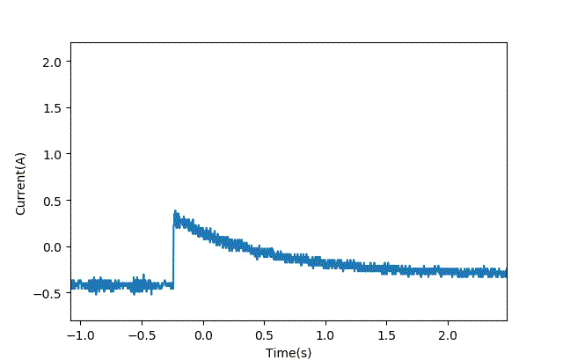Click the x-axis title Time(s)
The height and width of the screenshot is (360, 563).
tap(289, 353)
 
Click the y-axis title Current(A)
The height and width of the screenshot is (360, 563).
tap(20, 184)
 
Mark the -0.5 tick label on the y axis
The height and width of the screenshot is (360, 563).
tap(51, 293)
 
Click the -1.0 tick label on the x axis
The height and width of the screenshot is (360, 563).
tap(79, 335)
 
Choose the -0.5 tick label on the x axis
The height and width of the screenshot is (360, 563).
tap(141, 335)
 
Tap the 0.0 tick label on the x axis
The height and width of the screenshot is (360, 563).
tap(203, 335)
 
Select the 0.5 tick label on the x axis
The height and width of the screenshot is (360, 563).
tap(265, 335)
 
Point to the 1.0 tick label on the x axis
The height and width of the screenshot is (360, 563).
tap(325, 335)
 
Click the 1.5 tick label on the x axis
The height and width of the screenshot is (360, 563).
tap(387, 335)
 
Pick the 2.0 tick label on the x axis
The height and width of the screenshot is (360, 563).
tap(448, 335)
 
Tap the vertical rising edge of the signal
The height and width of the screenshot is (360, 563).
tap(173, 255)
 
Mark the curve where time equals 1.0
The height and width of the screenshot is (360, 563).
tap(325, 261)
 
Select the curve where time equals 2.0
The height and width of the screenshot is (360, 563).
tap(448, 271)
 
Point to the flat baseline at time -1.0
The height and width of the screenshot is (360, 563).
tap(81, 284)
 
